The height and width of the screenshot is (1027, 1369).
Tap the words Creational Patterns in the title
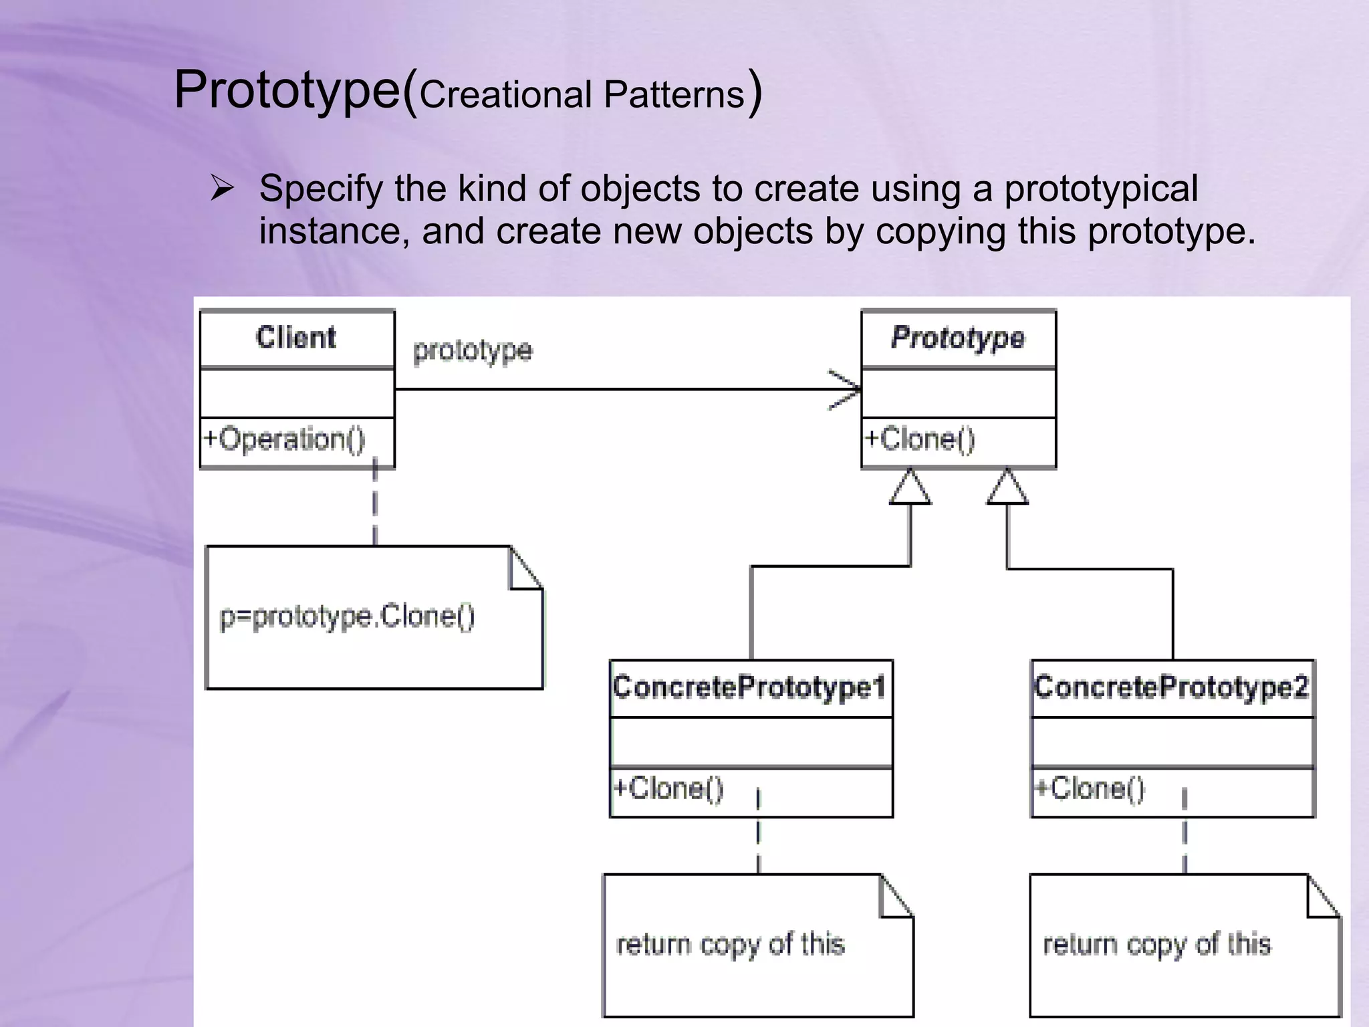[x=582, y=95]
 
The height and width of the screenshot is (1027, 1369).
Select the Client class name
[x=296, y=338]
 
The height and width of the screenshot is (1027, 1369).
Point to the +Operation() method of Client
[x=284, y=440]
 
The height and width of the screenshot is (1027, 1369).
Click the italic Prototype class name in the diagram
[x=958, y=338]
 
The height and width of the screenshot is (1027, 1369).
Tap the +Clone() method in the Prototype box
[x=920, y=440]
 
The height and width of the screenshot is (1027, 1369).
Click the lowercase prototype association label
[x=473, y=351]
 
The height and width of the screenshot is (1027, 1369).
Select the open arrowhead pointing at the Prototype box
[x=846, y=389]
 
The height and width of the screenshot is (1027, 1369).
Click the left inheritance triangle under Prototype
[x=910, y=487]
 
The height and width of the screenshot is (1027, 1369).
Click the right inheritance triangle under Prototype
[x=1007, y=487]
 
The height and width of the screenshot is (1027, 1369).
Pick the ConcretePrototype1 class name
[x=750, y=688]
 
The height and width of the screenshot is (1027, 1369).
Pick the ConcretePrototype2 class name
[x=1172, y=688]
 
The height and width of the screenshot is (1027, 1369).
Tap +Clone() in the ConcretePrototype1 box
[x=668, y=789]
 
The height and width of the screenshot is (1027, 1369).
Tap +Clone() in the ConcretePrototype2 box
[x=1090, y=789]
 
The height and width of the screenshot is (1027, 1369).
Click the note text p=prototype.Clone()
[x=348, y=616]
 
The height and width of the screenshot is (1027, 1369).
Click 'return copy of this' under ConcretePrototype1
[x=731, y=945]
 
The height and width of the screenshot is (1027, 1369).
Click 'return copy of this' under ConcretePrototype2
[x=1157, y=945]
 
